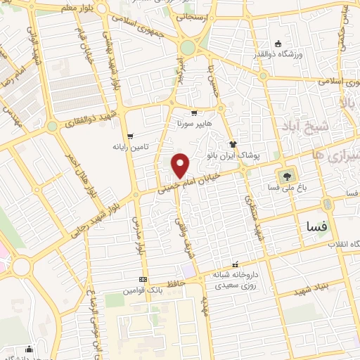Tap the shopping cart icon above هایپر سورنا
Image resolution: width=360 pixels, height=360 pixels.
[x=194, y=113]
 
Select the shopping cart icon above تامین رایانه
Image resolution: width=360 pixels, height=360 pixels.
[x=130, y=136]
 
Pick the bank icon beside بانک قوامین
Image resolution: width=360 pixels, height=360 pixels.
[x=143, y=279]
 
